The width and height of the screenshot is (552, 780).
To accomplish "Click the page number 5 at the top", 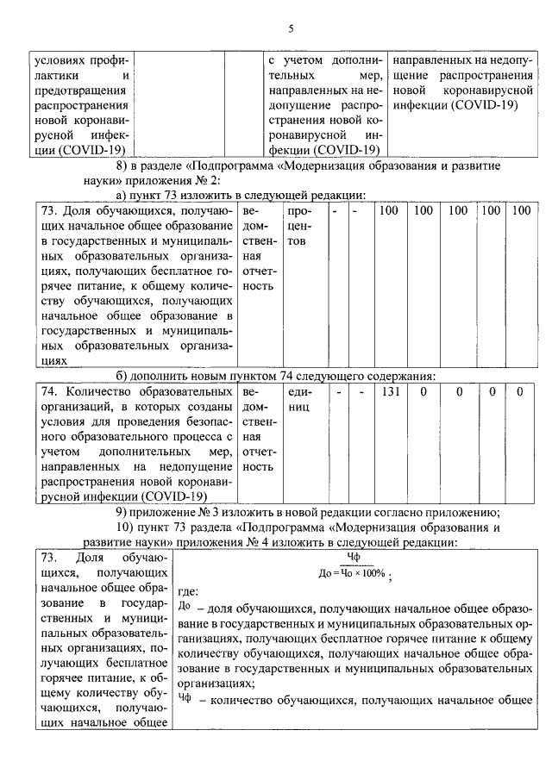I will (x=291, y=28).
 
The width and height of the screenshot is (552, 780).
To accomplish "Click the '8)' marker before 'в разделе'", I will (x=122, y=165).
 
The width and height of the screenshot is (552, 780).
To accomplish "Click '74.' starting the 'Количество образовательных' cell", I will (x=53, y=391).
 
